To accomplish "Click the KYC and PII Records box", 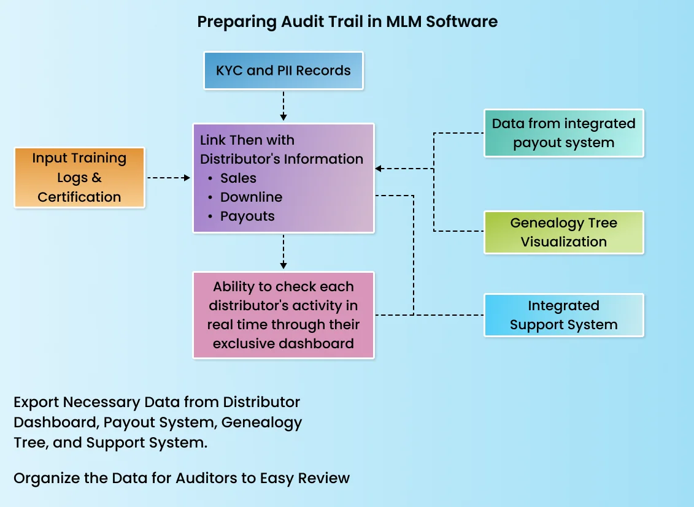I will [x=283, y=71].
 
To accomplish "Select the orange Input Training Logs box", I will [x=79, y=177].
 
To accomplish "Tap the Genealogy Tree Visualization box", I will [x=563, y=232].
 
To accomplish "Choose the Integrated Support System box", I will [x=563, y=315].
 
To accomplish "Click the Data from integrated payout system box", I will [x=563, y=133].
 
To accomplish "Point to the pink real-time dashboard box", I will [x=283, y=315].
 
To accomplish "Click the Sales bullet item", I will [x=238, y=178].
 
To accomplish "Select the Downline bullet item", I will [x=251, y=197].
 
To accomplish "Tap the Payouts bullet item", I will [x=247, y=216].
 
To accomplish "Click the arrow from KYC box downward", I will [x=283, y=106].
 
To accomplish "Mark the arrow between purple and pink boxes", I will [x=283, y=252].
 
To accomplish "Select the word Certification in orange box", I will [x=79, y=197].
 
